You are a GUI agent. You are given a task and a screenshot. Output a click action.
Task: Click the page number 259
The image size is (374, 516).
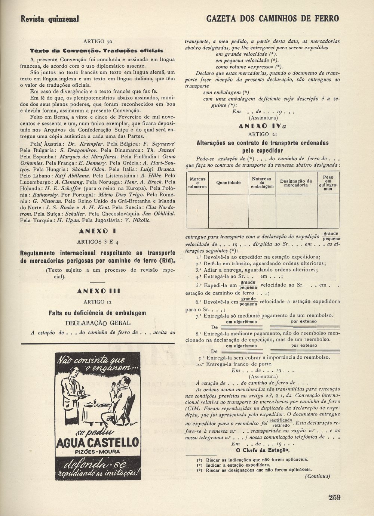click(x=334, y=497)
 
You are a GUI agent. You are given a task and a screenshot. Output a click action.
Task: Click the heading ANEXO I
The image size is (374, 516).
click(x=98, y=231)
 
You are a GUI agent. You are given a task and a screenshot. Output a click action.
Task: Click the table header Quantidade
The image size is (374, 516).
click(x=228, y=183)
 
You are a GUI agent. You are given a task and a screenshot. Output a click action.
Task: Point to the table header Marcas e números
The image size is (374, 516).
click(x=197, y=183)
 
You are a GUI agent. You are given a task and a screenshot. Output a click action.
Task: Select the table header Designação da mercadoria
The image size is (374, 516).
click(x=296, y=183)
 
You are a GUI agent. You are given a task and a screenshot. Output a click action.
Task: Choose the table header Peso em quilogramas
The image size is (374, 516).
click(x=328, y=183)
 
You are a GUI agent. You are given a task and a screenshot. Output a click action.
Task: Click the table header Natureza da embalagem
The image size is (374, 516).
click(x=262, y=183)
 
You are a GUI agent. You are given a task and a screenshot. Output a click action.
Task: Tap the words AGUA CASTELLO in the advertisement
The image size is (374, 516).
click(x=97, y=443)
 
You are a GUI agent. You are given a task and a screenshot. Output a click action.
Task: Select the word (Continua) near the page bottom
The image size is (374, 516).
click(x=317, y=476)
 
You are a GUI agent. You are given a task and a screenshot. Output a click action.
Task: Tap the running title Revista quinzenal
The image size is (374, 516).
click(x=50, y=19)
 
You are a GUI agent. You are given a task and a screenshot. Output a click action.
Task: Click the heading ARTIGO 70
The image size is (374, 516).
click(x=98, y=42)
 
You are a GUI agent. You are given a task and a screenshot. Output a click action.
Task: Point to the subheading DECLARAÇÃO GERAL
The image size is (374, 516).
click(x=98, y=323)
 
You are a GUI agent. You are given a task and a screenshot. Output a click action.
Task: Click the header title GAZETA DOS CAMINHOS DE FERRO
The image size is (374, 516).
click(x=273, y=18)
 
